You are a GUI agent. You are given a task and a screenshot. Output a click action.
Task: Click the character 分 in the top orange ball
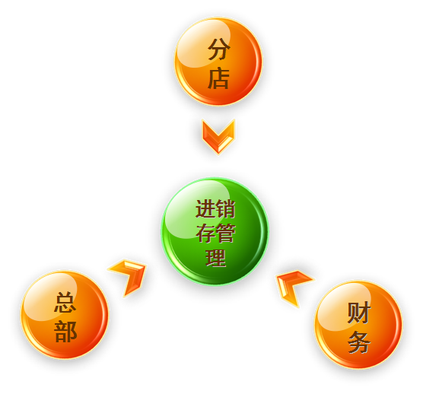click(x=219, y=49)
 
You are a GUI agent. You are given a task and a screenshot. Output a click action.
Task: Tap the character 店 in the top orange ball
click(x=218, y=78)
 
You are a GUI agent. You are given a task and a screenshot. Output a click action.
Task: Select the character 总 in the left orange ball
click(x=65, y=302)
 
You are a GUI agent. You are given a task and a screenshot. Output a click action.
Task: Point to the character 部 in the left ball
click(x=65, y=332)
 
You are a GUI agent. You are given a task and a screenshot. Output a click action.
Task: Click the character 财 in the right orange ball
click(x=358, y=313)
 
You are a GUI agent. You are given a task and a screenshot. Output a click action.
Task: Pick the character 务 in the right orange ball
click(x=358, y=342)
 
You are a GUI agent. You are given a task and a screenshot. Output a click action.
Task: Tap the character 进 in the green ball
click(x=205, y=208)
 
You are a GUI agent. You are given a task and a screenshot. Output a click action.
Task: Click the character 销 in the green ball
click(x=225, y=208)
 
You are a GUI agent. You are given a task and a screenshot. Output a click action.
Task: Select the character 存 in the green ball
click(x=205, y=233)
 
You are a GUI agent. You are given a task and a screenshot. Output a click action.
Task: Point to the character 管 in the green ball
click(x=225, y=233)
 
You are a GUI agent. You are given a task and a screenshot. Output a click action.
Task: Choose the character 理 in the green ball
click(x=215, y=258)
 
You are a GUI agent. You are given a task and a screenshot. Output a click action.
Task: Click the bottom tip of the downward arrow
click(x=218, y=154)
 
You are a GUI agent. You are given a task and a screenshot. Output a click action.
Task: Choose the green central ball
click(x=215, y=231)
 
